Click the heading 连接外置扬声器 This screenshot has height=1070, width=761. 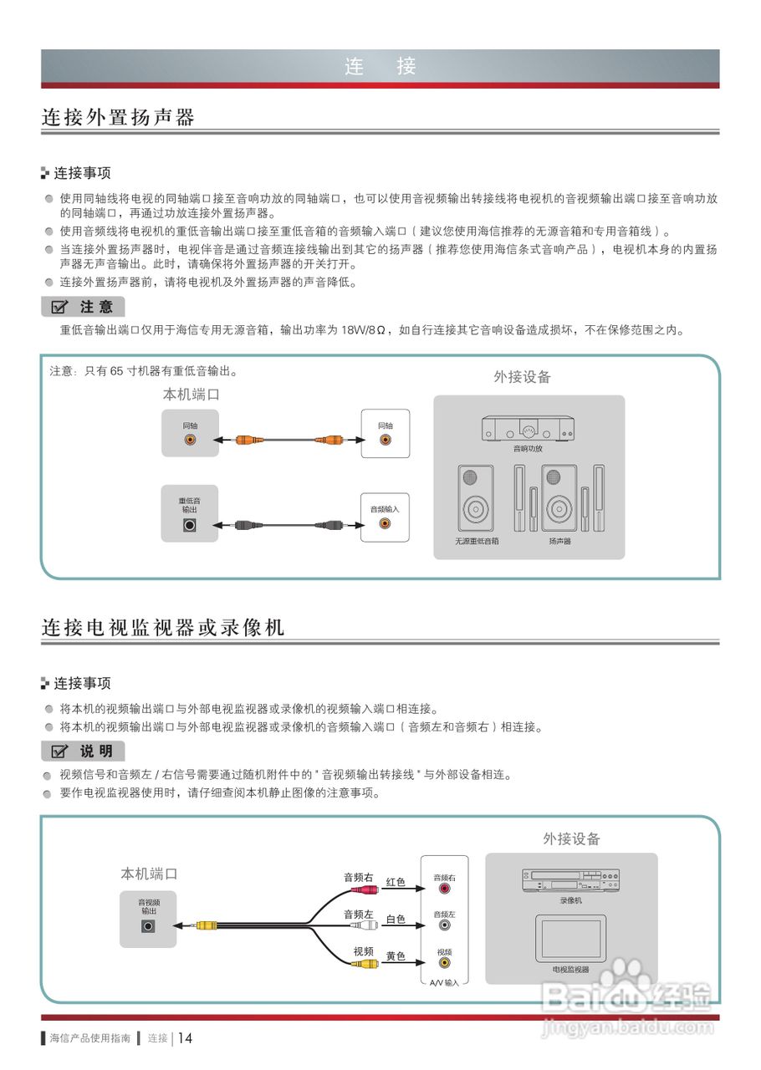(118, 118)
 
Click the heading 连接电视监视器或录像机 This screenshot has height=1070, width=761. (163, 628)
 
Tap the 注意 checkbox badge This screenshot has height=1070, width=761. (83, 307)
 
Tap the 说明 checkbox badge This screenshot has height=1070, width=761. (83, 751)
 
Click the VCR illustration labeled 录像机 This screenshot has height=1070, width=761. (570, 880)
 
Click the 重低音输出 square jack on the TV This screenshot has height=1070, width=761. (190, 526)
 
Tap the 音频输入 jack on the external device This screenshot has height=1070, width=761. (385, 524)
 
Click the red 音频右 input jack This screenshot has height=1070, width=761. (444, 889)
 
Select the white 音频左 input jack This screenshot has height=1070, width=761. (444, 926)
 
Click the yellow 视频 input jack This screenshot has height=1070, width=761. (444, 963)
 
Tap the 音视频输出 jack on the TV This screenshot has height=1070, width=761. (149, 925)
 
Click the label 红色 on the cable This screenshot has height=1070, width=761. (396, 882)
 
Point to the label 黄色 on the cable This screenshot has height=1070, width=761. (396, 956)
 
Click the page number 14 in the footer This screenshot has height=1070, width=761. (185, 1038)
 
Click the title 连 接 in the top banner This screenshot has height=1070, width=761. (380, 67)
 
